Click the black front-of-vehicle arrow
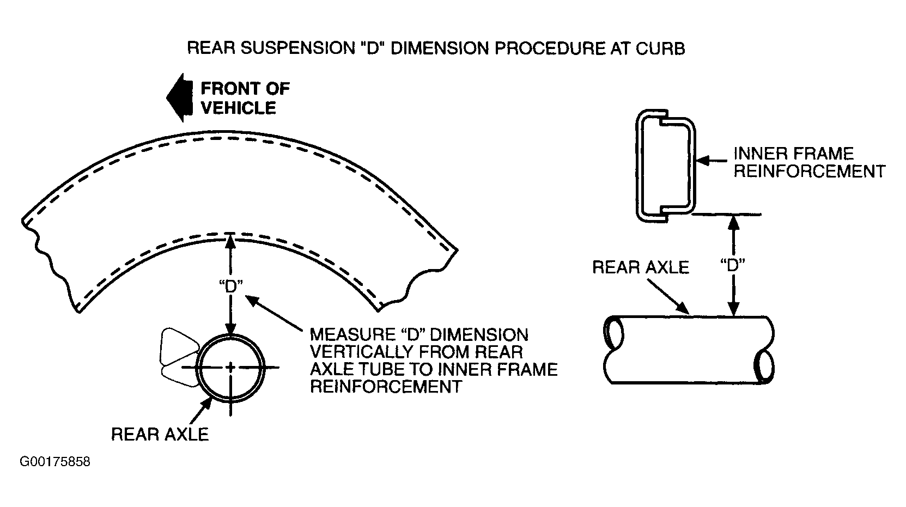180,97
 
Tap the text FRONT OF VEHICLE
245,98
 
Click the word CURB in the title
660,48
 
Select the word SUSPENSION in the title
297,48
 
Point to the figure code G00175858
55,462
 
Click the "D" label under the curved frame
230,286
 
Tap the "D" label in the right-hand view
733,266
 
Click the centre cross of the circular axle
230,368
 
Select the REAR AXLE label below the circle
160,434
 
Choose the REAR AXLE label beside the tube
641,267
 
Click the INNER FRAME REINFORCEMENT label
810,162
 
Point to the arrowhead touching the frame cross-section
703,161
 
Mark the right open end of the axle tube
764,366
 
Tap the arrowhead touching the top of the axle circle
230,329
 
